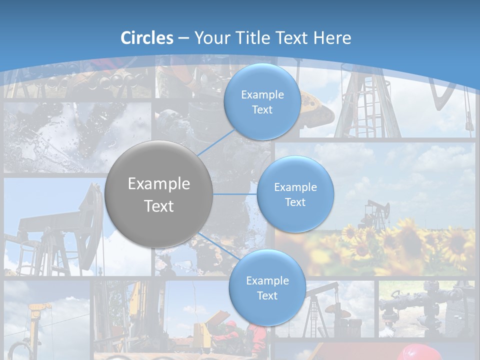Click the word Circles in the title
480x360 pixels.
coord(146,38)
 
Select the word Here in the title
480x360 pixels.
coord(332,38)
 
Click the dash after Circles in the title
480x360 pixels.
coord(183,38)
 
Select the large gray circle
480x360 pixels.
coord(159,194)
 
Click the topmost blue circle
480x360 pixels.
coord(262,101)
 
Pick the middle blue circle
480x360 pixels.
coord(295,194)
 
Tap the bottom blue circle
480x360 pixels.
coord(267,287)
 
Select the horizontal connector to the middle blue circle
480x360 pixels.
coord(235,194)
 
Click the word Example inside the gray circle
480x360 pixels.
coord(159,184)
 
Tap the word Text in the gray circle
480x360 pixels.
coord(159,206)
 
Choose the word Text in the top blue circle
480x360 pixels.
coord(262,110)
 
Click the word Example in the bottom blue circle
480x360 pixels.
coord(267,280)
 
